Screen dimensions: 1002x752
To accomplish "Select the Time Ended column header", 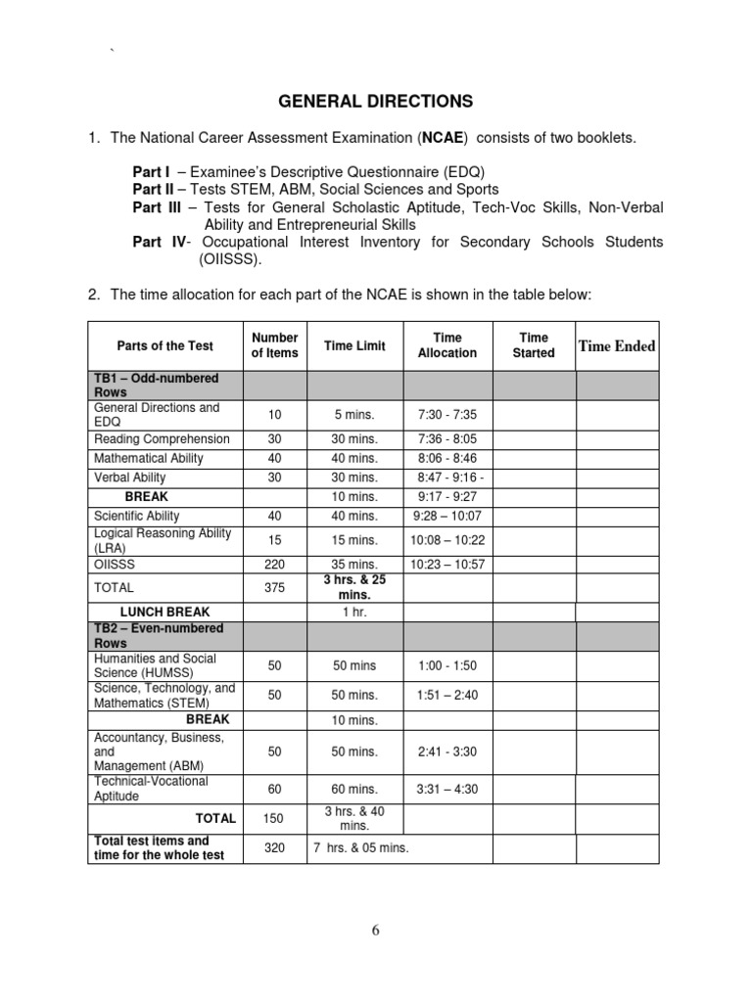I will point(617,345).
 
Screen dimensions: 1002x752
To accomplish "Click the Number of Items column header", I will point(274,345).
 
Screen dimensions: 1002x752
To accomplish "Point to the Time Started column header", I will point(533,345).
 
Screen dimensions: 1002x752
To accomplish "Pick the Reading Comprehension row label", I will point(162,439).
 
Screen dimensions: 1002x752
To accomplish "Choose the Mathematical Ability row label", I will point(150,458).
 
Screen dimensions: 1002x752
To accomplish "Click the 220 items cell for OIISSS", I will point(274,565).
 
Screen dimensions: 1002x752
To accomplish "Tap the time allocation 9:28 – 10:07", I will point(446,516).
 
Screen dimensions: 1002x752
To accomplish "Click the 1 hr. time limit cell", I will point(354,613).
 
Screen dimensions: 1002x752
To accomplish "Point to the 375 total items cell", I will point(274,588).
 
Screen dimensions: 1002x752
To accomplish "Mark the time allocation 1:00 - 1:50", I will point(446,666).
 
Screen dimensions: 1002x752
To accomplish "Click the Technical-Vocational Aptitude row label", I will point(151,790).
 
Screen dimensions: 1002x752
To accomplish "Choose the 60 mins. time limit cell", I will point(354,790).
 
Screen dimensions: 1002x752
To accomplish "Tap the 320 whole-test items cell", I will point(274,848).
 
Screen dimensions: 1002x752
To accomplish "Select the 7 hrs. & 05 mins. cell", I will point(360,848).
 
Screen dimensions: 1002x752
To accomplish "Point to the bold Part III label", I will point(159,207).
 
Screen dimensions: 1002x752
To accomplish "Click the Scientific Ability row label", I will point(136,516).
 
